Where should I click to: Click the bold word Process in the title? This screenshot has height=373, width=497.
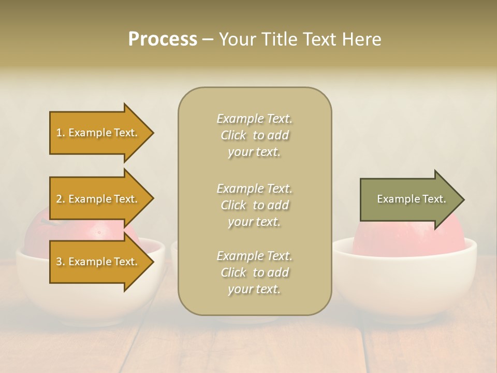[x=163, y=39]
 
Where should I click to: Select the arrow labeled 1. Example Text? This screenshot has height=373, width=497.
[x=98, y=133]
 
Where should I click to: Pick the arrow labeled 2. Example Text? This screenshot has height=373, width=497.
[x=98, y=199]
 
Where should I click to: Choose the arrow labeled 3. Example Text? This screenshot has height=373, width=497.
[x=98, y=262]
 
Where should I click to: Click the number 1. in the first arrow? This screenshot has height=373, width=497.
[x=61, y=133]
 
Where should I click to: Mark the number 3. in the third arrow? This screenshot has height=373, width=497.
[x=61, y=262]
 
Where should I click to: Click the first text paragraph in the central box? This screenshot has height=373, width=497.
[x=254, y=135]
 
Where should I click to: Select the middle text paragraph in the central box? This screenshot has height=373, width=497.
[x=254, y=205]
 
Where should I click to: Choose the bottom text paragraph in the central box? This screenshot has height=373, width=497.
[x=254, y=272]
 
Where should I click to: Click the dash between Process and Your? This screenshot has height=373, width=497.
[x=208, y=39]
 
